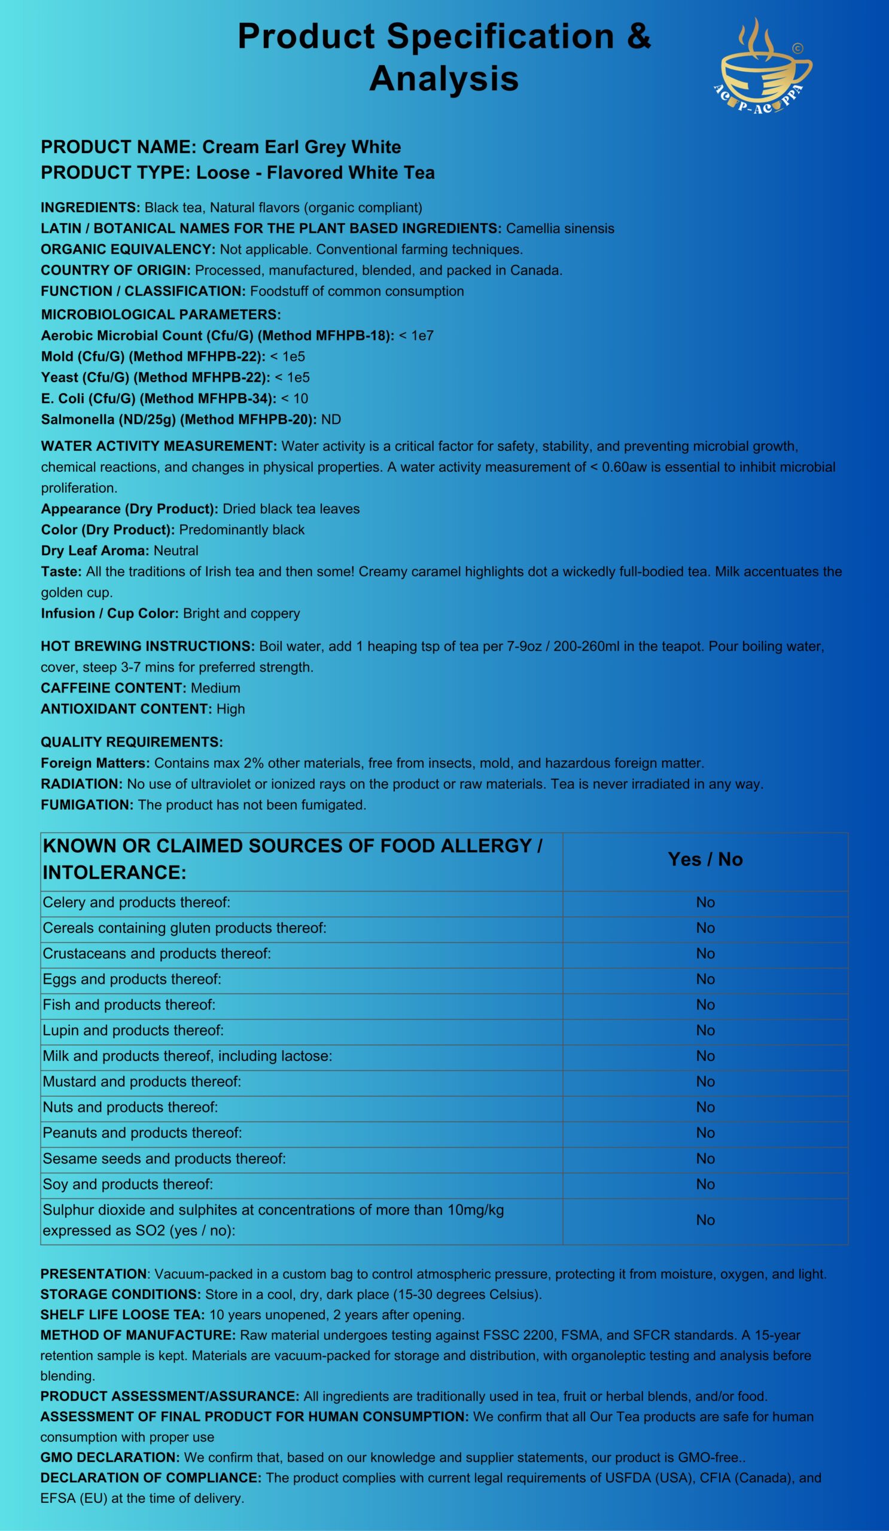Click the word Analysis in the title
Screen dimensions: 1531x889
click(x=443, y=78)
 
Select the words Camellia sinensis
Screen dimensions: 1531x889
click(x=559, y=228)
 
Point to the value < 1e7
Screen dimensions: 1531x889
click(x=416, y=336)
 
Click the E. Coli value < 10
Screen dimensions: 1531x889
click(x=295, y=398)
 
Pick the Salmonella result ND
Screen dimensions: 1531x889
click(x=331, y=419)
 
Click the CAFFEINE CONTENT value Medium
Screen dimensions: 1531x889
click(x=215, y=688)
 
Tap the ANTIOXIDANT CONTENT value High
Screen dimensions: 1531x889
click(x=231, y=709)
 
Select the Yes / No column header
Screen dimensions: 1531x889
click(x=705, y=859)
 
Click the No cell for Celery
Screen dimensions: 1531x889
click(x=705, y=902)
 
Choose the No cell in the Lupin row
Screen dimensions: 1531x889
click(x=705, y=1030)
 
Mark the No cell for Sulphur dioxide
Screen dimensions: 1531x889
click(x=705, y=1220)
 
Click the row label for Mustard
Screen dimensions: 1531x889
click(x=142, y=1081)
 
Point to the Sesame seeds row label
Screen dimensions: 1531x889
click(x=164, y=1158)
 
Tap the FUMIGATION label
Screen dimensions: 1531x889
click(x=87, y=804)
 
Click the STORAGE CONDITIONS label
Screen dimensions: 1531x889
click(x=120, y=1294)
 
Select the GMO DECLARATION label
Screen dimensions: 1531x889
click(x=110, y=1457)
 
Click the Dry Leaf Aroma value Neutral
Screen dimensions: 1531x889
click(x=176, y=550)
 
